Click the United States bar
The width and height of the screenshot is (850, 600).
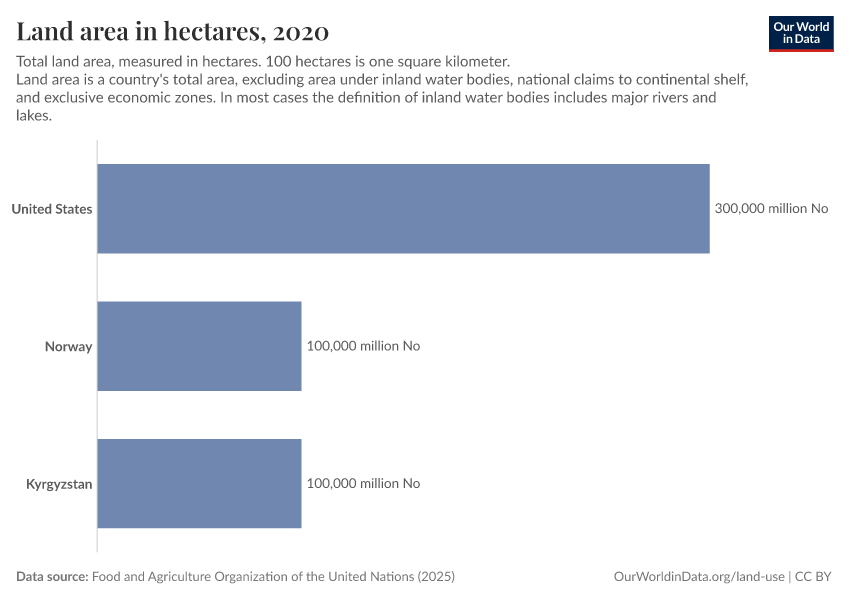click(403, 209)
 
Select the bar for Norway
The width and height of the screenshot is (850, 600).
click(199, 346)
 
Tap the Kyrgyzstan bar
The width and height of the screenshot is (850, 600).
click(199, 483)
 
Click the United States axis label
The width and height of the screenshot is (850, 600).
click(52, 209)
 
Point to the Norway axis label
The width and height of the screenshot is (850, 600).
click(68, 346)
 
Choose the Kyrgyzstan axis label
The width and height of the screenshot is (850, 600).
click(59, 483)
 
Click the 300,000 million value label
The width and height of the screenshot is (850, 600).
click(771, 209)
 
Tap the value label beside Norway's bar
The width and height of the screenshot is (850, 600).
click(363, 346)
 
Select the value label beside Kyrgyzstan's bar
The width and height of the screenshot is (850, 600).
click(363, 483)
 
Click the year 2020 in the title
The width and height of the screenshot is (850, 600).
click(298, 32)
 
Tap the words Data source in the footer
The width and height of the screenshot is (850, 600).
click(52, 577)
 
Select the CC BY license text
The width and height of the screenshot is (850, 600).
click(814, 577)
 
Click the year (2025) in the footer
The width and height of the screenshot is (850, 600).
click(436, 577)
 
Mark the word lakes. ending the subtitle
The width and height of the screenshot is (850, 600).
click(34, 115)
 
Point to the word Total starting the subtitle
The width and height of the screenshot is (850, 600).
click(33, 61)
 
